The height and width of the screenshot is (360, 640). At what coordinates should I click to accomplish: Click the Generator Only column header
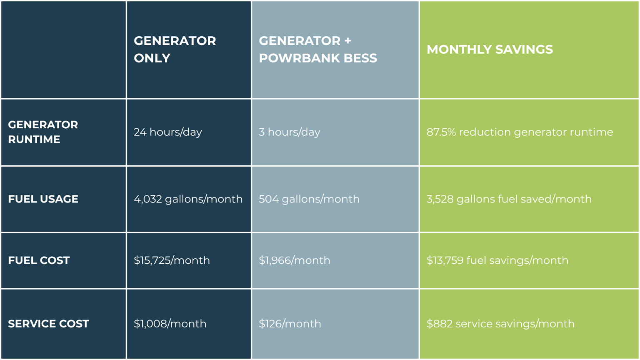tap(175, 49)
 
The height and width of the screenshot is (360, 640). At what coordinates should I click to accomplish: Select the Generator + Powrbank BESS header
tap(317, 49)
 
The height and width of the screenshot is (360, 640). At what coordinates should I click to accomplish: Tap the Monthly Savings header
tap(490, 50)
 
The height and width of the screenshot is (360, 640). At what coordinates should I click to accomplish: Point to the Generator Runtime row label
tap(43, 132)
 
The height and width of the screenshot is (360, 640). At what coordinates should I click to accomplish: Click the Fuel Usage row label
tap(43, 199)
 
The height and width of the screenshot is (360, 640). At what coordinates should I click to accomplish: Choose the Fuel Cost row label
tap(39, 260)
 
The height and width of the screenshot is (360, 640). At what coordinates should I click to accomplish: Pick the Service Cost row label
tap(48, 324)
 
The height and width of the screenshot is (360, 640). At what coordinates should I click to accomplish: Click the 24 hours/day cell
tap(167, 132)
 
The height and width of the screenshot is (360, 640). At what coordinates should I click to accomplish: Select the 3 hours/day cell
tap(289, 132)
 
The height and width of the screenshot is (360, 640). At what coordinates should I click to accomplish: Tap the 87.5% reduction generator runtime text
tap(520, 132)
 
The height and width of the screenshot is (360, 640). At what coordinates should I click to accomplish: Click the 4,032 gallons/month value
tap(188, 199)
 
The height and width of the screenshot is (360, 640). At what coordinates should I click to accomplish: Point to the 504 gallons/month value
tap(309, 199)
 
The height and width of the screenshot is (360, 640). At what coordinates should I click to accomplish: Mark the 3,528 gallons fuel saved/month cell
tap(509, 199)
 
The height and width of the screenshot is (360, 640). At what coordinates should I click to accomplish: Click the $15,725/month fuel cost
tap(172, 260)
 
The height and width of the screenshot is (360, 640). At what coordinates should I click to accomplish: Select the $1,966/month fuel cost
tap(294, 260)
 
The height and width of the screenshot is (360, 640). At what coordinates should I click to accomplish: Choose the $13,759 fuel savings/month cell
tap(497, 260)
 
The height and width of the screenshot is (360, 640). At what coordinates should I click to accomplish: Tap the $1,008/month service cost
tap(170, 324)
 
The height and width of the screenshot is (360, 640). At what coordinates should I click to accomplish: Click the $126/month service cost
tap(290, 324)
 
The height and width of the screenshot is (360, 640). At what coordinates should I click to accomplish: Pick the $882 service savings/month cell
tap(500, 324)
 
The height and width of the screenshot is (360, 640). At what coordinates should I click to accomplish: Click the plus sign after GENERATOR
tap(347, 41)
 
